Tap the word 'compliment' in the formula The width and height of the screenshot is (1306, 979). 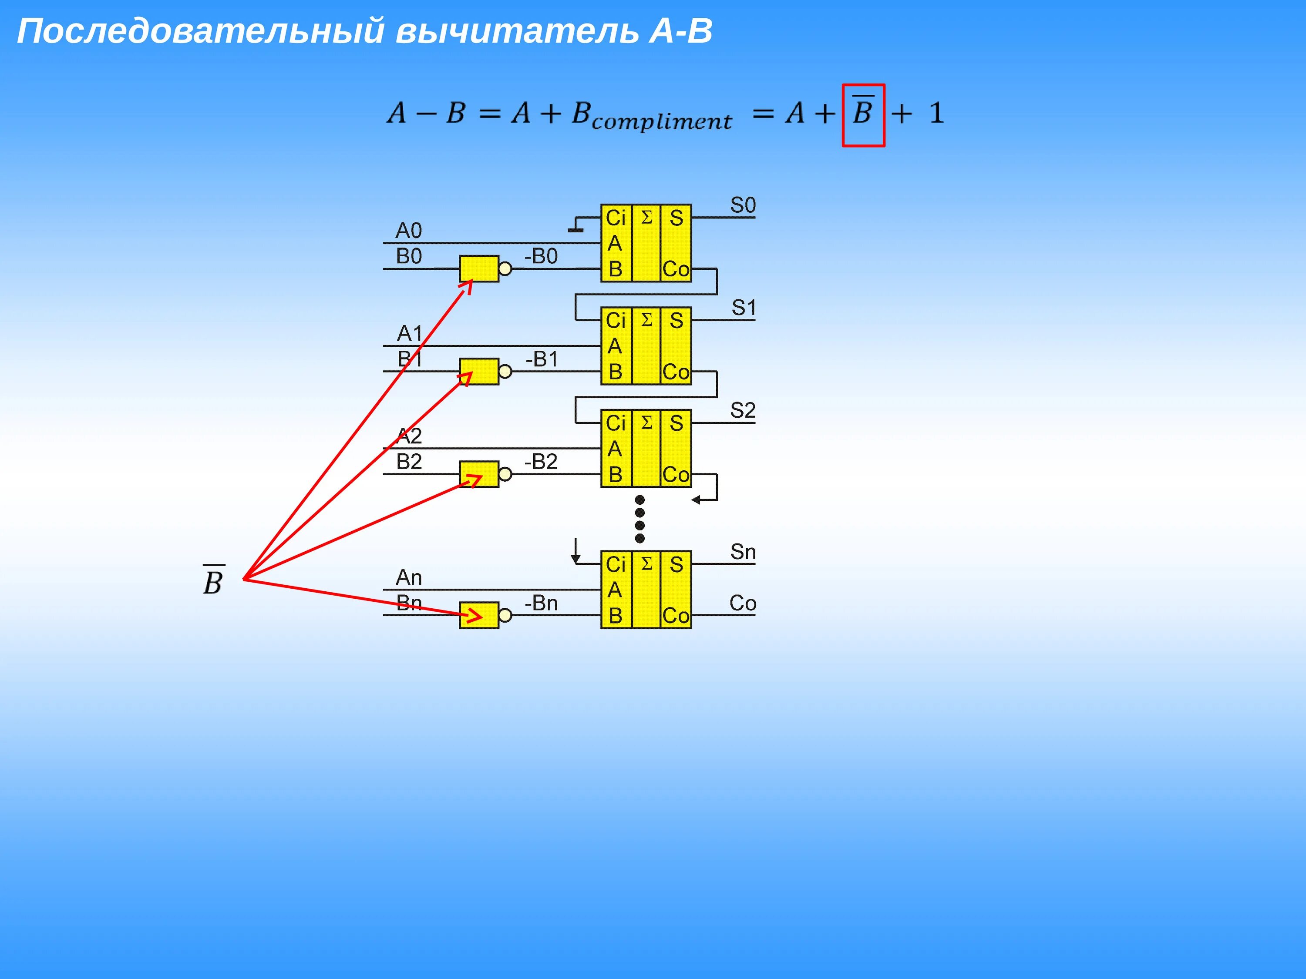tap(661, 121)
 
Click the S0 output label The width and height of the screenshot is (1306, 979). tap(743, 205)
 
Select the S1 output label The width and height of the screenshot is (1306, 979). tap(744, 308)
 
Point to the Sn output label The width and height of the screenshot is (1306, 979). tap(743, 552)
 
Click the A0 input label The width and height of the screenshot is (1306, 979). tap(409, 230)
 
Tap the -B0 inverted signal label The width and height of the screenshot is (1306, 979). tap(541, 256)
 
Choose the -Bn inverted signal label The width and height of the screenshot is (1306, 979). tap(541, 603)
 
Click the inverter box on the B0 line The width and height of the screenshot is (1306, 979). tap(479, 268)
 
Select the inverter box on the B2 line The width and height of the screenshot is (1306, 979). tap(479, 474)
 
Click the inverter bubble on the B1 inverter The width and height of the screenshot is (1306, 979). tap(505, 371)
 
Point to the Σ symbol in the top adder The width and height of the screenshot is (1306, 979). tap(646, 217)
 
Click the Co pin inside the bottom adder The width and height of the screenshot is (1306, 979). tap(676, 616)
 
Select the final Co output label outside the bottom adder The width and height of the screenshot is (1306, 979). tap(743, 603)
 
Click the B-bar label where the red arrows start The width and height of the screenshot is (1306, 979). tap(213, 581)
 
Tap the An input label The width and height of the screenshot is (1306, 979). tap(409, 577)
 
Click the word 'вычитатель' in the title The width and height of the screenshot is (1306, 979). tap(517, 31)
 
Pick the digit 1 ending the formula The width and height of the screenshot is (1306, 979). tap(936, 113)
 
